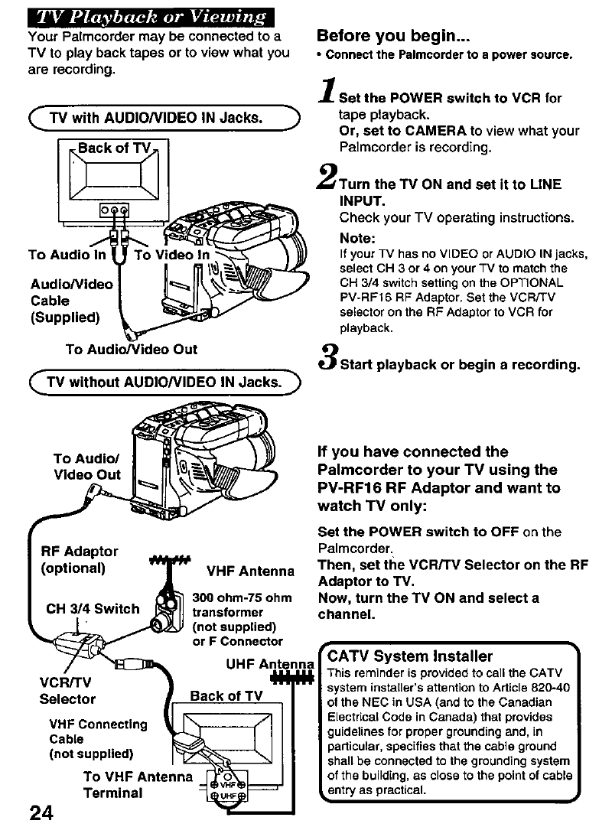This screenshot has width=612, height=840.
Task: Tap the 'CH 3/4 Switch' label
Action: (93, 608)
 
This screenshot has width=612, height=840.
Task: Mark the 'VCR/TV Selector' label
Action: (67, 690)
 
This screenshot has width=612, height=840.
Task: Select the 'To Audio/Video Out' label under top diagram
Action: (131, 349)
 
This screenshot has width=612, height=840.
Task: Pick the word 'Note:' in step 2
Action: (357, 238)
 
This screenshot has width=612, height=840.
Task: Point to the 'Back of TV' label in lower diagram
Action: (226, 695)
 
